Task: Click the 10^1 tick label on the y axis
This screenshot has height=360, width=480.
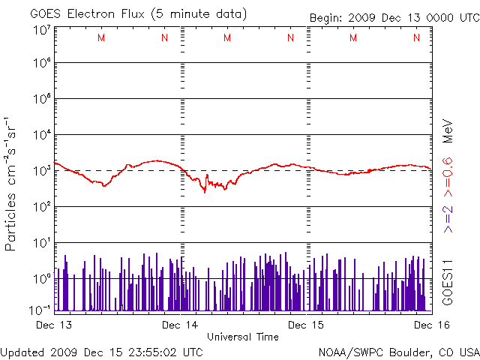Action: pyautogui.click(x=41, y=244)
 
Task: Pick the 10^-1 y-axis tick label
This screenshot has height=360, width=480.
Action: pyautogui.click(x=40, y=310)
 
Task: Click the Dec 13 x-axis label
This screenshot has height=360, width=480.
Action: pyautogui.click(x=54, y=325)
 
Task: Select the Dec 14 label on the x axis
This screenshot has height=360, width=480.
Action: pyautogui.click(x=181, y=325)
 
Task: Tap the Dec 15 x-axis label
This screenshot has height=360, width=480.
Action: pyautogui.click(x=307, y=325)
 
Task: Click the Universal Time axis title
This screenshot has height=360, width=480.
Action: pyautogui.click(x=242, y=337)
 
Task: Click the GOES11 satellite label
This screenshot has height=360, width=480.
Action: pyautogui.click(x=448, y=282)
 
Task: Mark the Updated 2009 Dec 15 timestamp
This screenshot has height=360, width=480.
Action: pyautogui.click(x=101, y=352)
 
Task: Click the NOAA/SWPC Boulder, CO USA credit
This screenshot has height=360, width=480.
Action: pyautogui.click(x=398, y=352)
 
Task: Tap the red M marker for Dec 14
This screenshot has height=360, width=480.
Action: pyautogui.click(x=227, y=37)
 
